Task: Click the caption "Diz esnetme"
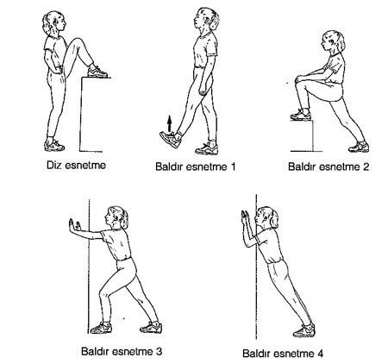(76, 166)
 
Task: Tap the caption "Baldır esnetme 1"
(196, 166)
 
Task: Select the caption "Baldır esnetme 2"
(329, 166)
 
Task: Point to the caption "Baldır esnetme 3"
(122, 351)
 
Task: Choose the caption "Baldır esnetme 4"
(283, 353)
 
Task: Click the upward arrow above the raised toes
(170, 123)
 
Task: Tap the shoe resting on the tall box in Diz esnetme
(97, 72)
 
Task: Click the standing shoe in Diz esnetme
(54, 146)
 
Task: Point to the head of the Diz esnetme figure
(54, 22)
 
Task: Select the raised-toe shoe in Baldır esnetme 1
(171, 140)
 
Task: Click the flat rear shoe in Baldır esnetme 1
(207, 149)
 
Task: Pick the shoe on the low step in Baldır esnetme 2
(301, 116)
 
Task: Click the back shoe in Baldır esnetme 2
(359, 147)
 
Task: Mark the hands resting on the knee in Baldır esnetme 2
(301, 78)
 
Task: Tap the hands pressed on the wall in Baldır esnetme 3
(73, 225)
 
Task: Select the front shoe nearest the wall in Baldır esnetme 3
(101, 328)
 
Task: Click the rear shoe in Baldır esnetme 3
(151, 328)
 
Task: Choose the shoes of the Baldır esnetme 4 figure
(304, 330)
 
